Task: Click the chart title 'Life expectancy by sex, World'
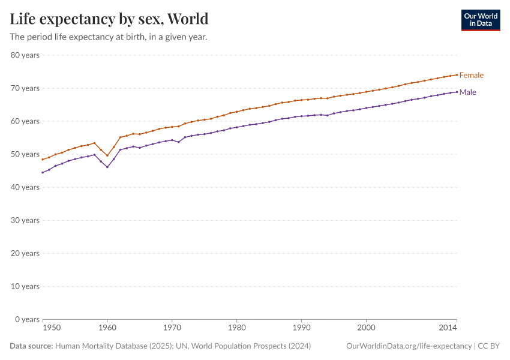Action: (x=109, y=19)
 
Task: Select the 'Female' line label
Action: (x=471, y=75)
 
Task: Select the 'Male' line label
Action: (x=467, y=92)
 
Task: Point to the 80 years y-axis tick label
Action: (x=25, y=55)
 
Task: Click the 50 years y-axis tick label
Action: (x=25, y=154)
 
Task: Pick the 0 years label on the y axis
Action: (x=27, y=319)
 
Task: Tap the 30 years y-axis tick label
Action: (x=25, y=220)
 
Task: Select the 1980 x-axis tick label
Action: (x=236, y=328)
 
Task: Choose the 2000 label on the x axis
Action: (x=366, y=328)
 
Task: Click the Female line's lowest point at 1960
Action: (x=107, y=155)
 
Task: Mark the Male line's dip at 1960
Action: (x=107, y=167)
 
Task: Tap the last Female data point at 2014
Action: (x=457, y=75)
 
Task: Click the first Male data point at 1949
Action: (x=43, y=172)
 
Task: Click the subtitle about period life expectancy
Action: (x=109, y=37)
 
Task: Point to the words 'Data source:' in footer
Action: (x=31, y=346)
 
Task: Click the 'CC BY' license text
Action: (x=489, y=346)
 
